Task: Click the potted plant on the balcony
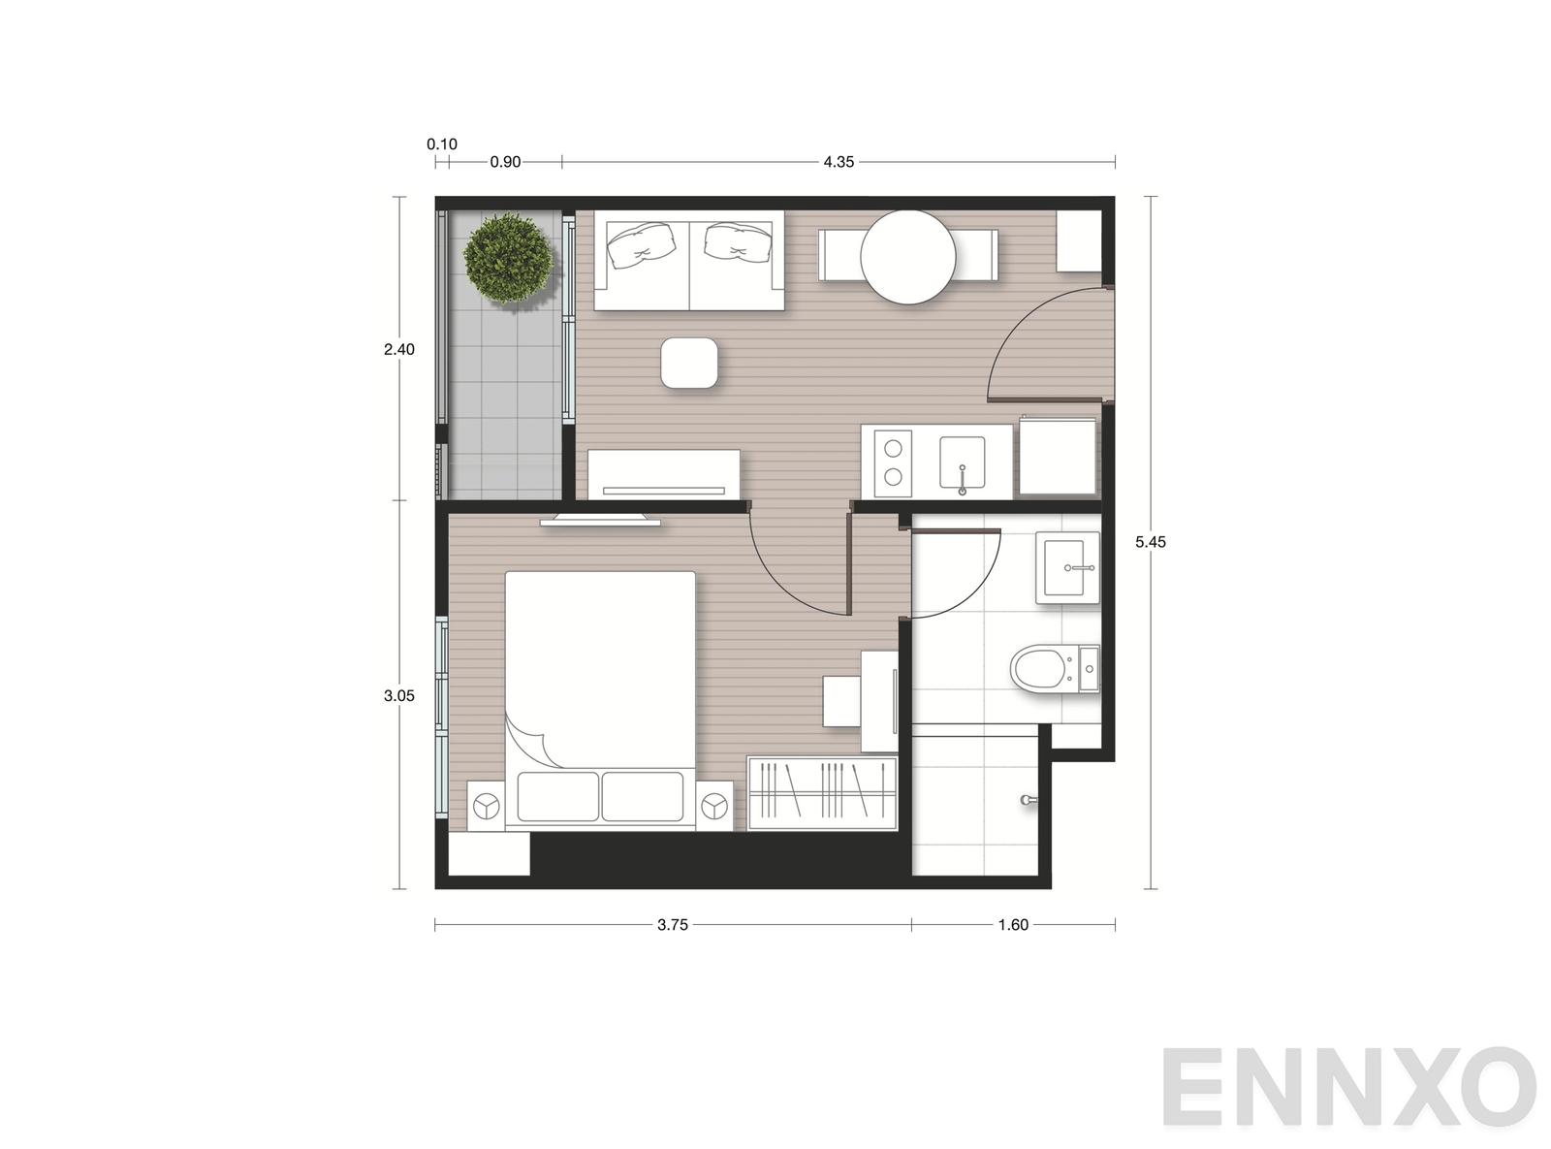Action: point(508,258)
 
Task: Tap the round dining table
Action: point(907,257)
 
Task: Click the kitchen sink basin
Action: point(963,463)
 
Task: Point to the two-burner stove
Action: point(893,463)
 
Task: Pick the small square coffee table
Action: point(689,363)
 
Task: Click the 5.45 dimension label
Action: point(1151,542)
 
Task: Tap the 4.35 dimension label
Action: point(839,162)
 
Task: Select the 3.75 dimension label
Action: point(673,925)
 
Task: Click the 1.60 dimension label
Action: point(1013,925)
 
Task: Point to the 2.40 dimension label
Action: point(399,349)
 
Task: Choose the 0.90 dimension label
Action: point(505,162)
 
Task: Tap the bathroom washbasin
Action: point(1068,567)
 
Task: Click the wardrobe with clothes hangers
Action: point(822,793)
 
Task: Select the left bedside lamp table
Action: point(486,806)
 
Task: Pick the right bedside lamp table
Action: point(714,806)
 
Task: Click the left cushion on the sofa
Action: point(641,245)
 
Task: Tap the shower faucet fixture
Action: point(1028,800)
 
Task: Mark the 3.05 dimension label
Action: point(399,695)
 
